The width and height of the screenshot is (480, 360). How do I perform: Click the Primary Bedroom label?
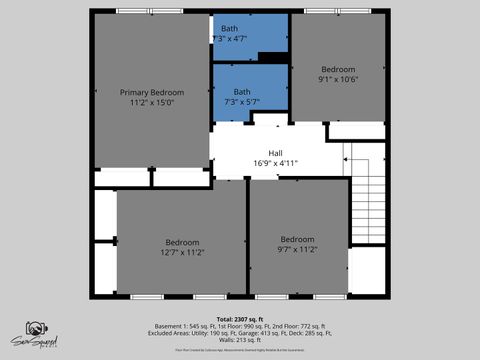152,91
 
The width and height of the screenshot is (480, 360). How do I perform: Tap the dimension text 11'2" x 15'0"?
152,102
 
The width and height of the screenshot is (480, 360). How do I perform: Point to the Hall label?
275,152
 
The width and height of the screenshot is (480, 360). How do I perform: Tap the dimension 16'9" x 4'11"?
276,162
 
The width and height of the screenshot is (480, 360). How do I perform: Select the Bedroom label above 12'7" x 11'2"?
182,243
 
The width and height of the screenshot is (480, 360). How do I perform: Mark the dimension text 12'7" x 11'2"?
182,254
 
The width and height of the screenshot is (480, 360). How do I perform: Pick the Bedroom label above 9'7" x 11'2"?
297,239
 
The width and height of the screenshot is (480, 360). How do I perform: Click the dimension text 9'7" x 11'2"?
297,250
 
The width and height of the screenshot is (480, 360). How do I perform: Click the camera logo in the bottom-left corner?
35,331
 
